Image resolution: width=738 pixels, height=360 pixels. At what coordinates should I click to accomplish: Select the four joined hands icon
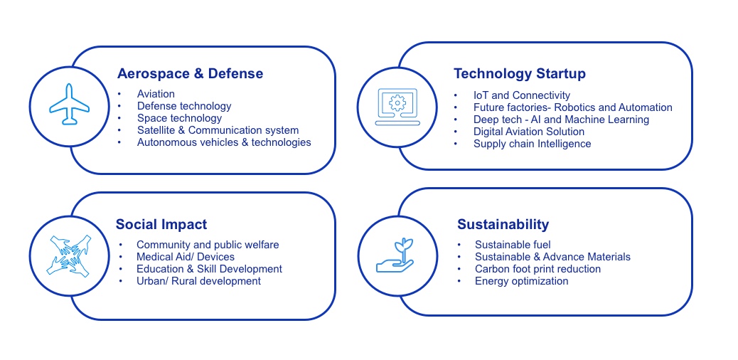coord(69,255)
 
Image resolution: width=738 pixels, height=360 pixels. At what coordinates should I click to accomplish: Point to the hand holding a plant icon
coord(396,255)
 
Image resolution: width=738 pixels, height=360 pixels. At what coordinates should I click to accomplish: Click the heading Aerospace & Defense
coord(190,74)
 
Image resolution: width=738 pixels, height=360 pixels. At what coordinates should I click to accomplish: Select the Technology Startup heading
coord(520,74)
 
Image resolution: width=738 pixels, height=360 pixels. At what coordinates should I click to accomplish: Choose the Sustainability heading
coord(503,225)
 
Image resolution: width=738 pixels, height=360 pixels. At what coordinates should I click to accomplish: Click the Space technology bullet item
coord(179,118)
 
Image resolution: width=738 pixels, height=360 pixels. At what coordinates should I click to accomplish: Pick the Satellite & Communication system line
coord(218,130)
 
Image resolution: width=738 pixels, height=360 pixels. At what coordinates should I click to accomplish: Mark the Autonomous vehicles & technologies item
coord(224,142)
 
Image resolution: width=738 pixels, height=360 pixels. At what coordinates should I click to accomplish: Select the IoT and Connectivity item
coord(521,95)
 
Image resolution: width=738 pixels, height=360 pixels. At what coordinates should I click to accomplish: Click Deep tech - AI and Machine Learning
coord(561,120)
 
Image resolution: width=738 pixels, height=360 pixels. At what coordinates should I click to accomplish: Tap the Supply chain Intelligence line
coord(532,144)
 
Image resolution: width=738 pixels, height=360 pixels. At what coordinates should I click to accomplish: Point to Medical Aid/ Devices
coord(186,257)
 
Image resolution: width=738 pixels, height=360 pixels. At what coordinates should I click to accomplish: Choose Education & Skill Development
coord(209,269)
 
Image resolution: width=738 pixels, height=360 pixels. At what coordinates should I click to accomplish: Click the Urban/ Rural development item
coord(198,281)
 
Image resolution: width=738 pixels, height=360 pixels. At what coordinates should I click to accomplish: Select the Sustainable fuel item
coord(513,245)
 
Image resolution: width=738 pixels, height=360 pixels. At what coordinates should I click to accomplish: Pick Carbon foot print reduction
coord(538,269)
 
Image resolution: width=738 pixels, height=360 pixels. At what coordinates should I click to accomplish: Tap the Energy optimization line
coord(521,281)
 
